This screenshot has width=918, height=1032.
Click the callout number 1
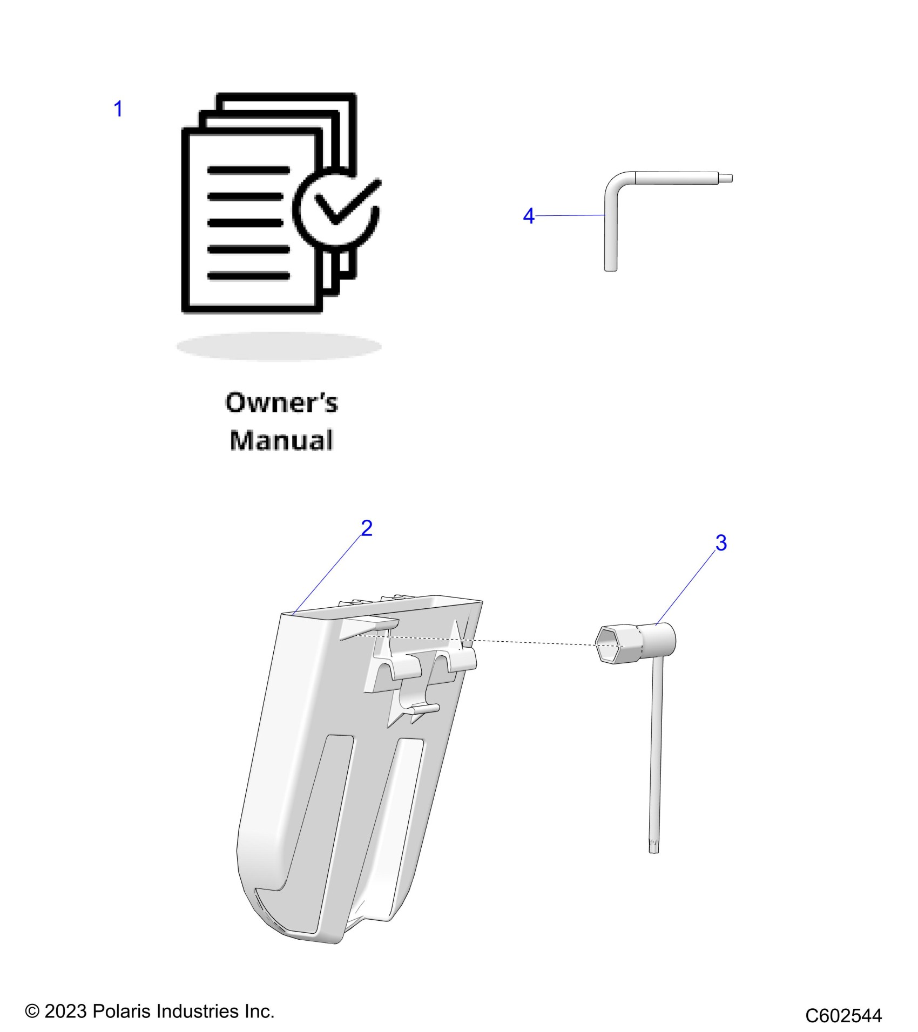(118, 109)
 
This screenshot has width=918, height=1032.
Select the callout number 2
(367, 528)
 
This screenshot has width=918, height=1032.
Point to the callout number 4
(529, 216)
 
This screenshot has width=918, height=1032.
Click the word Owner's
(281, 403)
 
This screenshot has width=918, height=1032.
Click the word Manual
(281, 440)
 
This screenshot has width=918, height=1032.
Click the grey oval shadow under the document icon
(279, 347)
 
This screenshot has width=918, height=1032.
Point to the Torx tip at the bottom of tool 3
(654, 848)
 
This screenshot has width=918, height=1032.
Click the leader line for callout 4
(570, 215)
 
